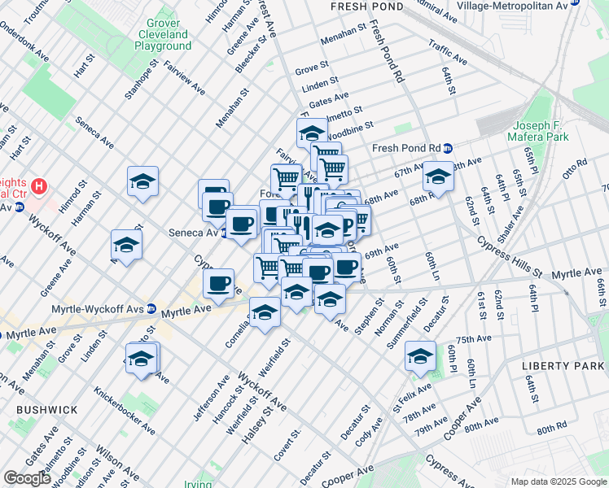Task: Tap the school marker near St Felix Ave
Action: point(420,357)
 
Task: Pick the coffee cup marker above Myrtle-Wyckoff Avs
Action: point(218,284)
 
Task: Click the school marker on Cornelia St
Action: point(265,313)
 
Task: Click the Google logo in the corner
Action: point(28,478)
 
